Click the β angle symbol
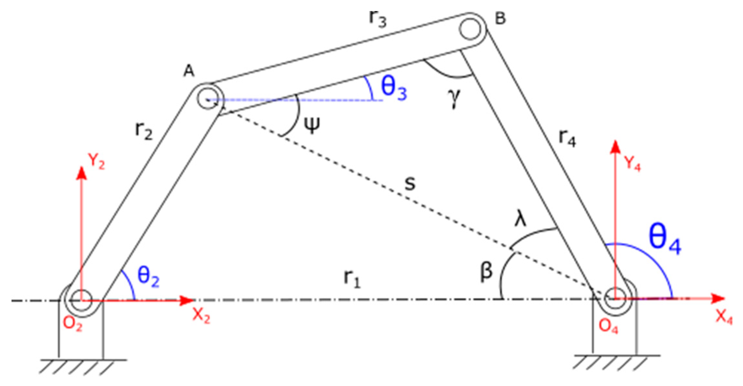tap(486, 271)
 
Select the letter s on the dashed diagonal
tap(410, 184)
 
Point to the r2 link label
tap(144, 131)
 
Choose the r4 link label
tap(567, 139)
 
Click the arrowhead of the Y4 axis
tap(616, 147)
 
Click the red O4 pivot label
tap(608, 327)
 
